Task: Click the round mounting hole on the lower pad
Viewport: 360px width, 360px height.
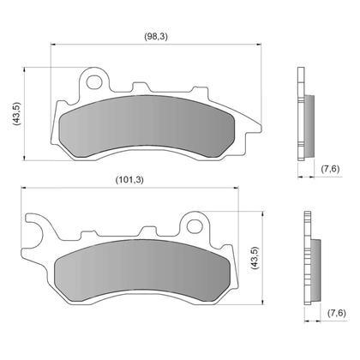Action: coord(195,228)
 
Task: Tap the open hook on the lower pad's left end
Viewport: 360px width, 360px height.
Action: coord(35,232)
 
